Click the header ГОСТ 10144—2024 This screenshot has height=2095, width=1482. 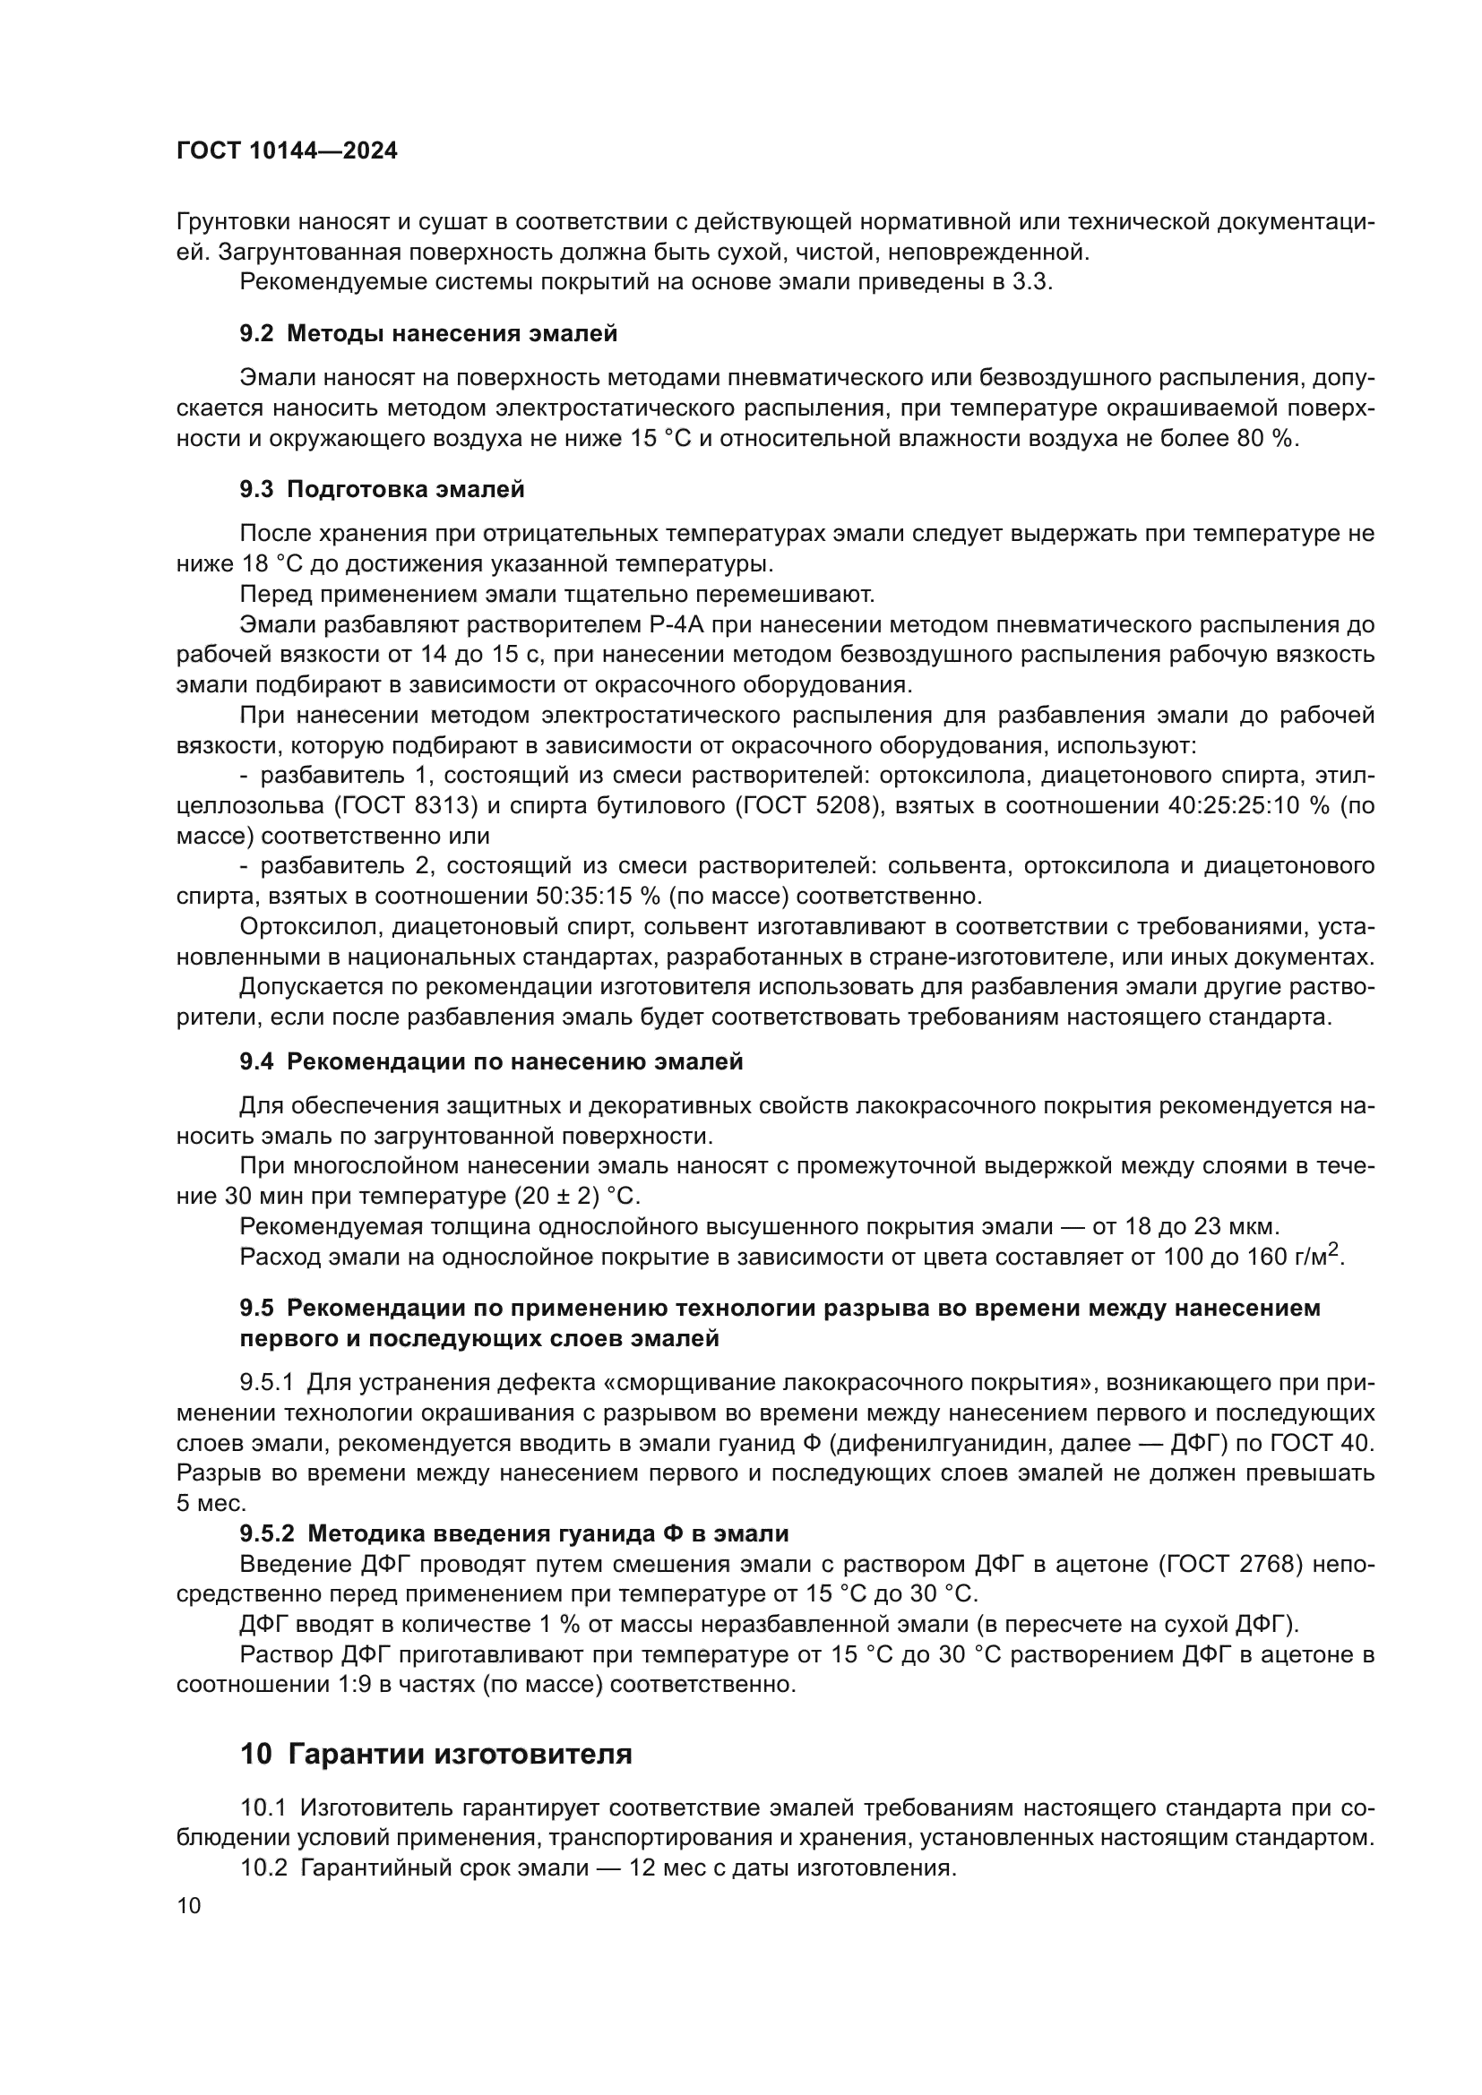[x=288, y=151]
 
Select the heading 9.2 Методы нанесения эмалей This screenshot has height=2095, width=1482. [x=429, y=334]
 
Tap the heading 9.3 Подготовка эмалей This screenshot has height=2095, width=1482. [x=383, y=490]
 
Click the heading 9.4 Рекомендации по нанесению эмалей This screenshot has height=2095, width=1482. [x=492, y=1062]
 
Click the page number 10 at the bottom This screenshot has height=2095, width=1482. [x=189, y=1907]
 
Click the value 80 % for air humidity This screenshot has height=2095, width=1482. [x=1265, y=439]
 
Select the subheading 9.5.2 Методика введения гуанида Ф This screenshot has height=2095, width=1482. [x=513, y=1533]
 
